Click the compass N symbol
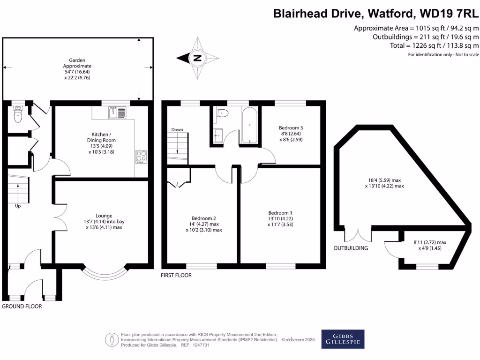point(197,58)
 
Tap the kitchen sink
point(117,112)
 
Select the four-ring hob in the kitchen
point(141,157)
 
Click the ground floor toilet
point(18,114)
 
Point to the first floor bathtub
point(249,125)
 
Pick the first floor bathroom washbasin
point(218,135)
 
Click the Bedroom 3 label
point(291,127)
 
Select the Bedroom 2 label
point(203,218)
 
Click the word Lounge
point(104,216)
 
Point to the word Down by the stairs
point(177,129)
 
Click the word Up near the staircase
point(18,206)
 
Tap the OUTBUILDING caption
point(351,248)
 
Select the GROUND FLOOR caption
point(22,306)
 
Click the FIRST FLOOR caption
point(176,275)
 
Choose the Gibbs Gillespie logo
point(343,339)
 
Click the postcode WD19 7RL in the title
point(449,14)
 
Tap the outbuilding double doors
point(358,235)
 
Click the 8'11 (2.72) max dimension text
point(430,242)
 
